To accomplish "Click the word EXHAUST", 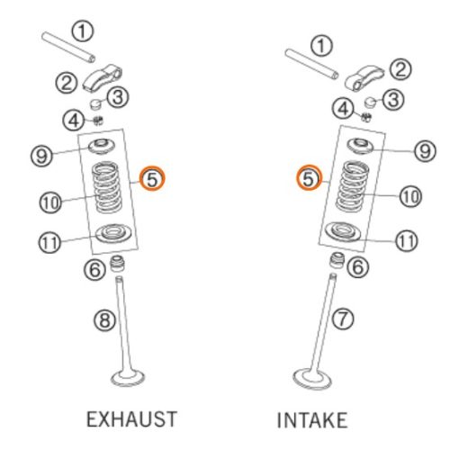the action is [131, 419].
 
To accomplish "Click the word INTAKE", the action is [312, 420].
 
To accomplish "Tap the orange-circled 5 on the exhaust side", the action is [153, 179].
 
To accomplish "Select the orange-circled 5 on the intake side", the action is [309, 178].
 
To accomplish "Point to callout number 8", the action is [104, 319].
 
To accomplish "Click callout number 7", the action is [343, 319].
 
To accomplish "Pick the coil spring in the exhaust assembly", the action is [107, 187].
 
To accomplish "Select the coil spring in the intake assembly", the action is [353, 186].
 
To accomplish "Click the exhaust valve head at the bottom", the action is [128, 378].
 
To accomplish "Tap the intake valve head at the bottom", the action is [312, 379].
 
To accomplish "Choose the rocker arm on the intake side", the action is [364, 78].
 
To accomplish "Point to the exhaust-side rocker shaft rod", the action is [68, 48].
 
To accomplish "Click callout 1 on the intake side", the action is [321, 46].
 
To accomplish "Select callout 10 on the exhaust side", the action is [50, 202].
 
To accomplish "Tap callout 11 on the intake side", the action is [407, 240].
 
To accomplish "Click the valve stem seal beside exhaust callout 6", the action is [117, 263].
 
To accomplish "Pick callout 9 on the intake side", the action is [425, 150].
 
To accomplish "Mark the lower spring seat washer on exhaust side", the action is [113, 233].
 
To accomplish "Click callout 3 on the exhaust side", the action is [118, 97].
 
